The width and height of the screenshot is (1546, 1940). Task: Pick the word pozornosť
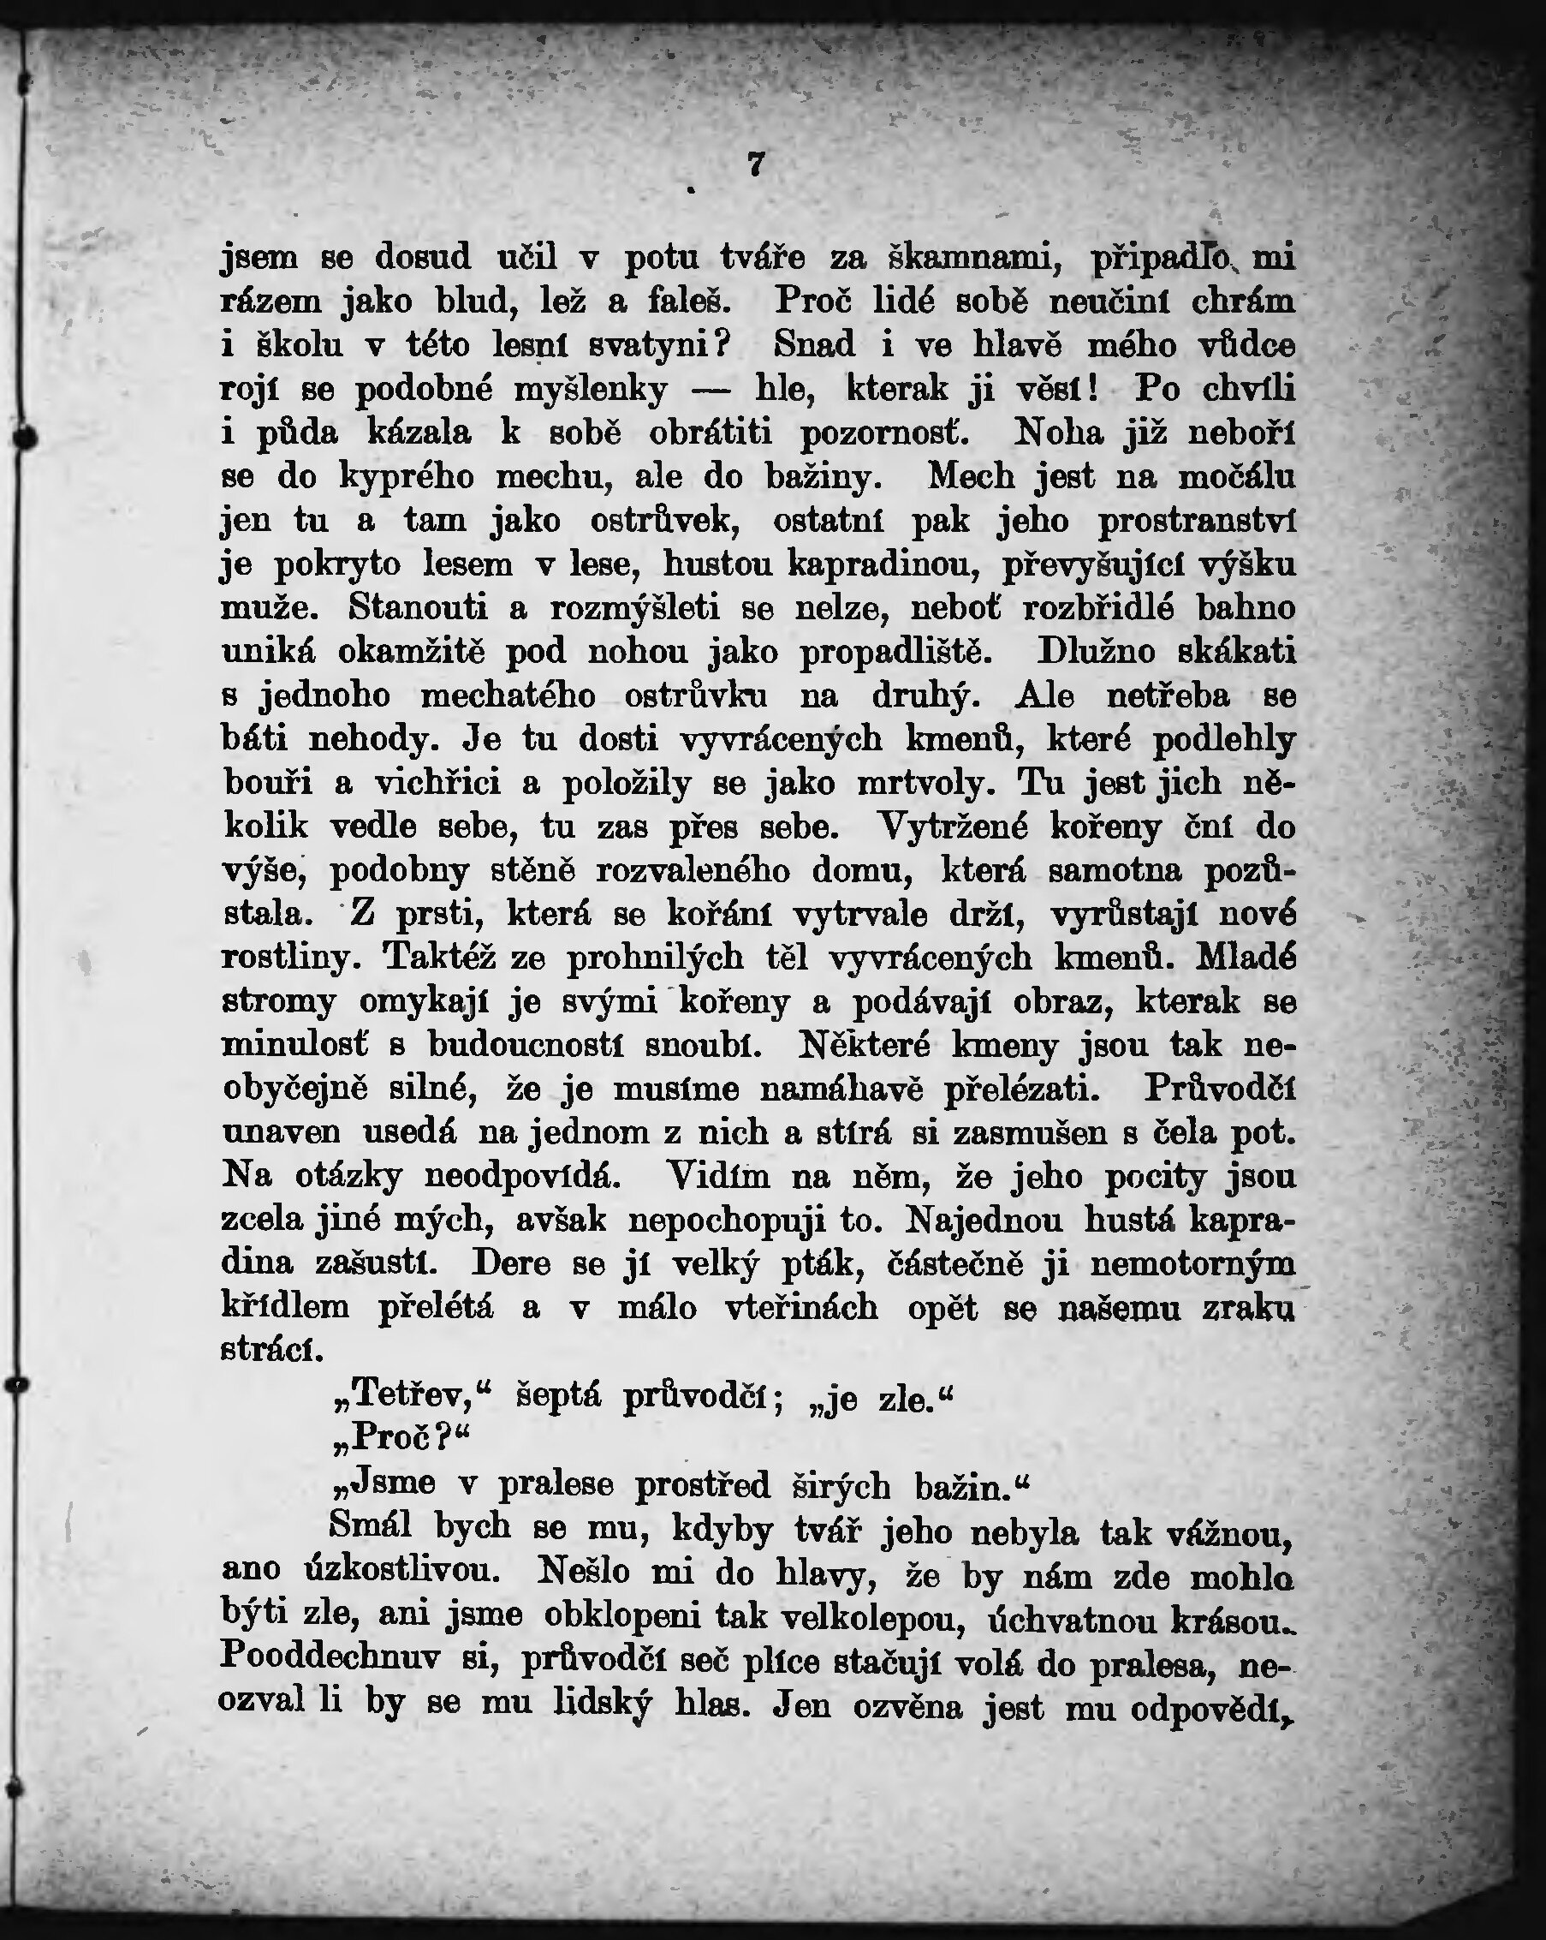pyautogui.click(x=885, y=433)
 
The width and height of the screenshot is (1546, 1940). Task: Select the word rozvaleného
pyautogui.click(x=693, y=870)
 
